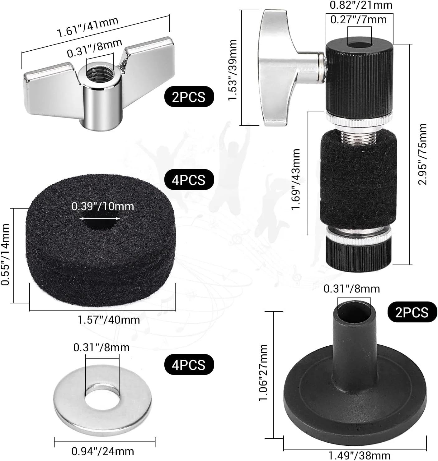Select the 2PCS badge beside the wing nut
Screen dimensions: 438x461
point(189,97)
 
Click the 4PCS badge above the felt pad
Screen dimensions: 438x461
point(189,180)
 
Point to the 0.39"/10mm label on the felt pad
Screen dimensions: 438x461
point(103,206)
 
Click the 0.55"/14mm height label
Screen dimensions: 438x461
point(5,254)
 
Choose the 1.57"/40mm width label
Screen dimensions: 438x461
point(109,320)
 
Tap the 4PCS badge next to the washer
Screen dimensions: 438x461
point(189,364)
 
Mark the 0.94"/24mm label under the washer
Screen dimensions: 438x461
point(103,451)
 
